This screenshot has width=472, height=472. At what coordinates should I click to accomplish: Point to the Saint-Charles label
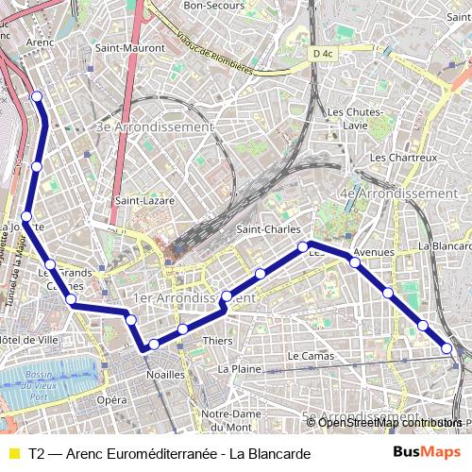[x=268, y=229]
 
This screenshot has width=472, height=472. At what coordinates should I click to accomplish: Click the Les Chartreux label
[x=403, y=157]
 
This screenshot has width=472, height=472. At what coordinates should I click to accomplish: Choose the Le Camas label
[x=311, y=356]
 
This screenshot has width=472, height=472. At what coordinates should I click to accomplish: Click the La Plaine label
[x=238, y=368]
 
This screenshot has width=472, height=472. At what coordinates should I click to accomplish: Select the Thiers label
[x=217, y=341]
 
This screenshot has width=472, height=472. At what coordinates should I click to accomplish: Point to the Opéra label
[x=111, y=400]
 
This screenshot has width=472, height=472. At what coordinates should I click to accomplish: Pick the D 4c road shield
[x=322, y=54]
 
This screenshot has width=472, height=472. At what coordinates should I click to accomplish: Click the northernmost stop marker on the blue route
[x=37, y=96]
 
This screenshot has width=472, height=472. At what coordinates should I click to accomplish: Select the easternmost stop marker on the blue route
[x=447, y=348]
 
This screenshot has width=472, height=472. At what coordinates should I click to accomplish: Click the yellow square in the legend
[x=13, y=454]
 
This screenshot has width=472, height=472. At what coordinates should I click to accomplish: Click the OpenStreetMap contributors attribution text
[x=391, y=423]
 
